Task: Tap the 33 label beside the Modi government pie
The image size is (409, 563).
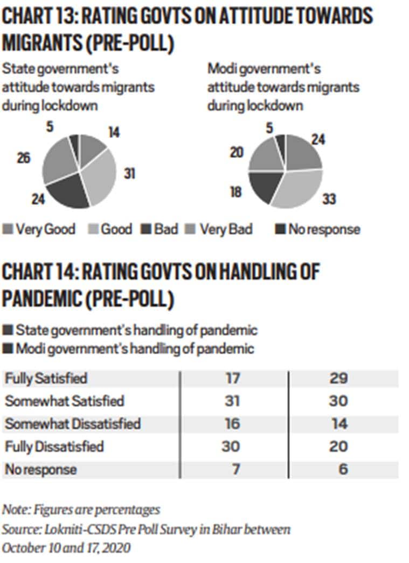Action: coord(330,199)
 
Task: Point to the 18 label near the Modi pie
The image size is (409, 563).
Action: coord(236,191)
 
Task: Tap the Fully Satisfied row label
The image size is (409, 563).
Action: coord(46,378)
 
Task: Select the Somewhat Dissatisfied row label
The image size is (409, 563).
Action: coord(73,424)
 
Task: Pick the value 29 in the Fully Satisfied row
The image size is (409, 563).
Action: coord(339,378)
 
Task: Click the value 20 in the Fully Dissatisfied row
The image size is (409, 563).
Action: coord(339,447)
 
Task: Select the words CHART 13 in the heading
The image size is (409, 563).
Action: coord(38,17)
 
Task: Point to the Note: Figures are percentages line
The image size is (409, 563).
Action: coord(81,509)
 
